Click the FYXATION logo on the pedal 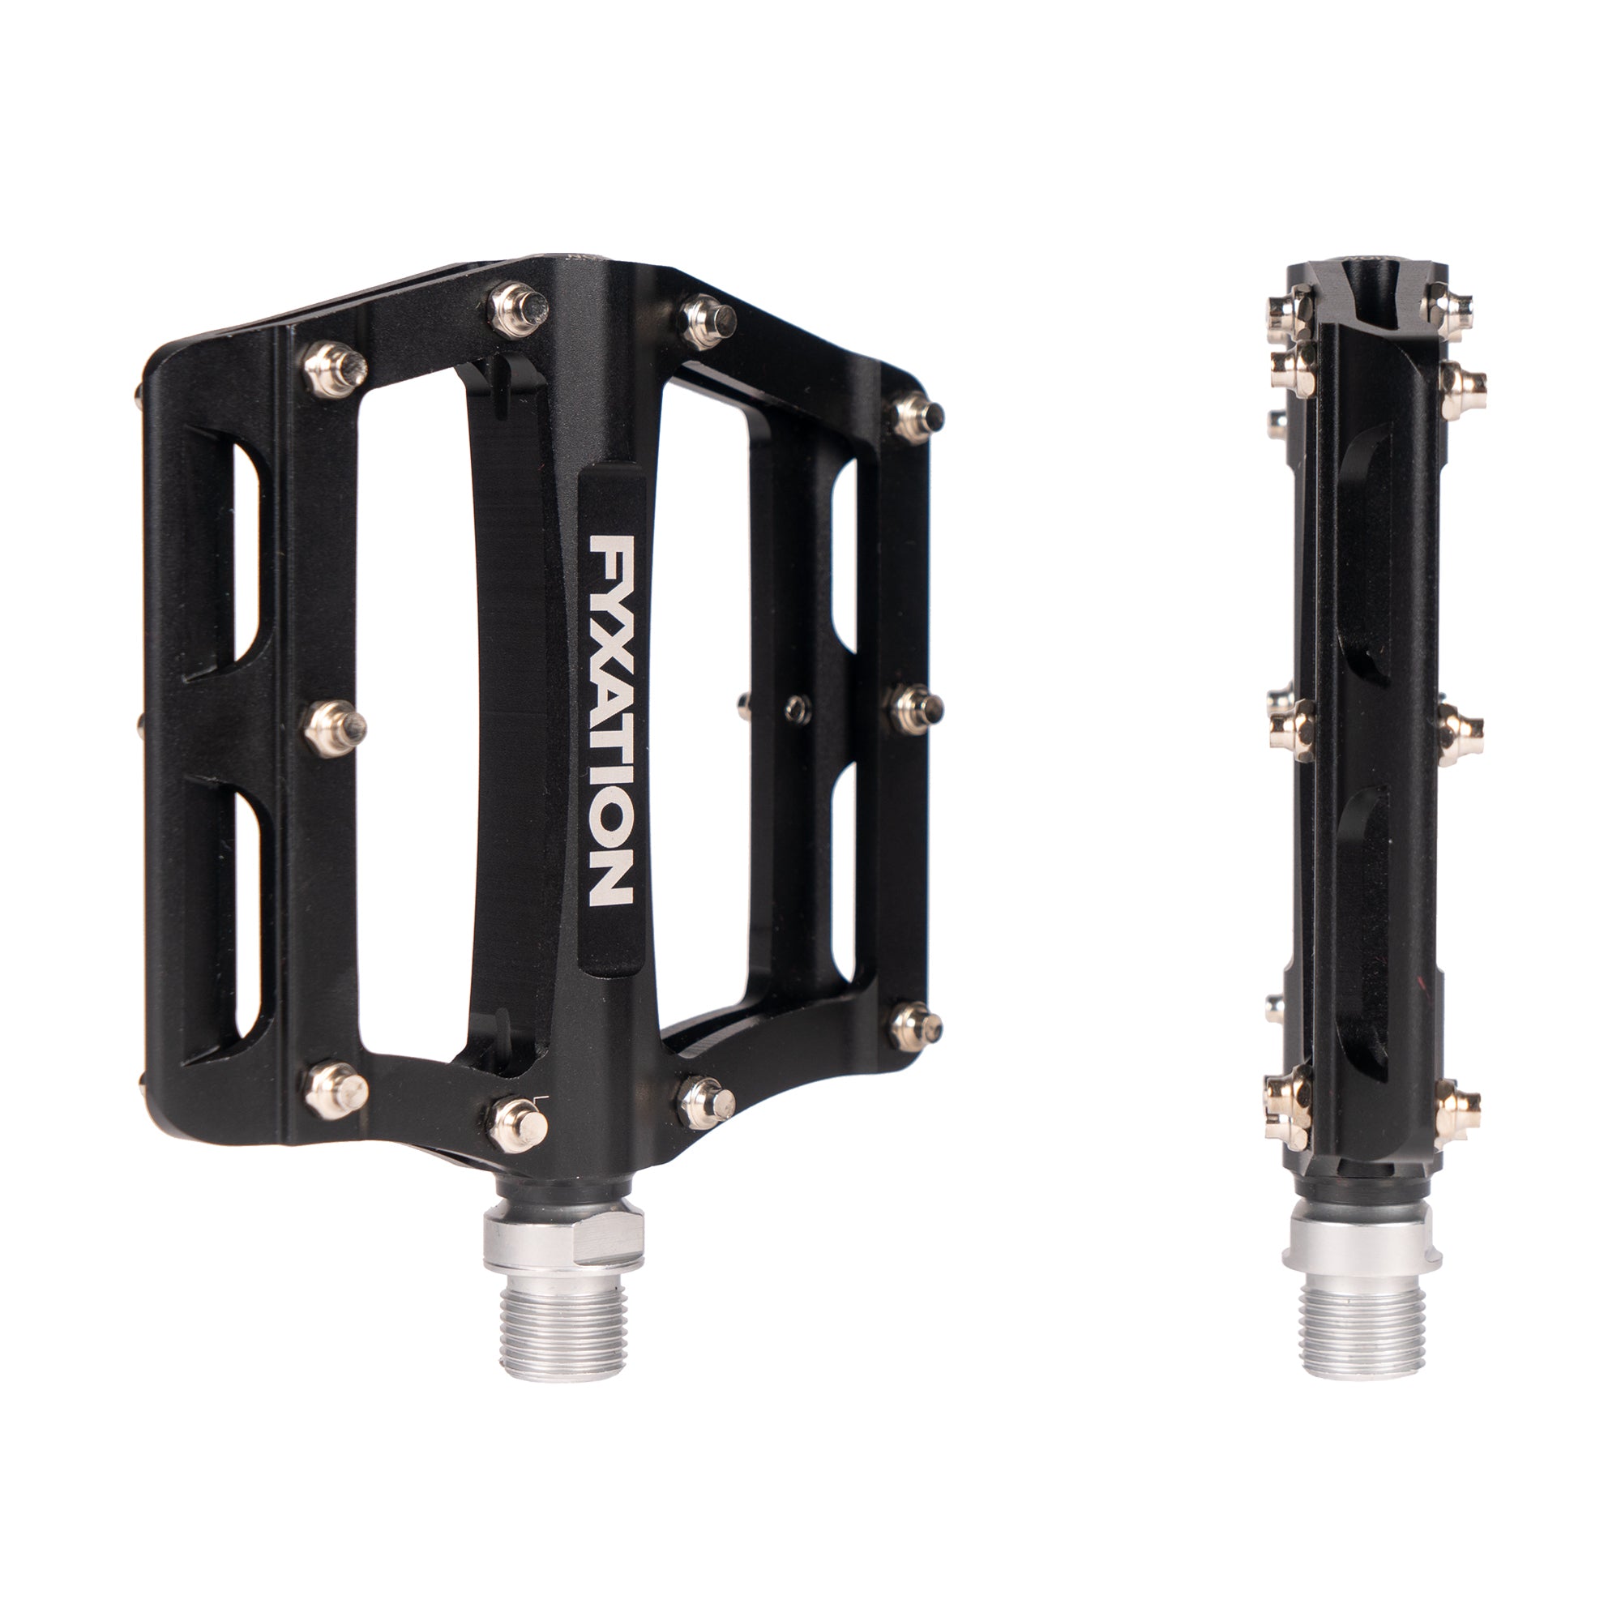coord(611,721)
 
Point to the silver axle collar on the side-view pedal coord(1363,1242)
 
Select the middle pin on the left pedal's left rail coord(334,729)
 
